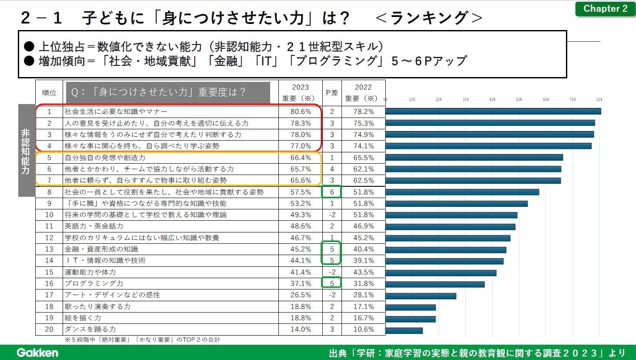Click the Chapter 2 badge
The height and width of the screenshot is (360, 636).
click(x=605, y=9)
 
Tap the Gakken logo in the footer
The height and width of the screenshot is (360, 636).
click(x=37, y=352)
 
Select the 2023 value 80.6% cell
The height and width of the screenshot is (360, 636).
click(x=301, y=111)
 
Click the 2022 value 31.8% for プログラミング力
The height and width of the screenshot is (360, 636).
click(x=363, y=283)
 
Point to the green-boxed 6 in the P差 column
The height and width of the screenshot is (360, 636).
click(x=331, y=192)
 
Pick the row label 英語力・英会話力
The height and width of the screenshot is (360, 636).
click(x=94, y=226)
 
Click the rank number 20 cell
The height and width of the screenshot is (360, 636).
click(x=49, y=329)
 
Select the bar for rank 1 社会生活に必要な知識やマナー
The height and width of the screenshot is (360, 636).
click(x=493, y=111)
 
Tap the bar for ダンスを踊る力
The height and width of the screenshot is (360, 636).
click(x=404, y=330)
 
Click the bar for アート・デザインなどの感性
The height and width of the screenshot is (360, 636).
click(x=421, y=296)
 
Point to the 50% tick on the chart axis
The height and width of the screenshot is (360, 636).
click(x=519, y=99)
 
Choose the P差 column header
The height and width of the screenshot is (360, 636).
click(x=331, y=92)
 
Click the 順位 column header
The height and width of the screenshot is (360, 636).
click(x=49, y=92)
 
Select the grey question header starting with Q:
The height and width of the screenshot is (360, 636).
click(x=168, y=92)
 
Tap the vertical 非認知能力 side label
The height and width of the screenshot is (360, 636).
click(x=26, y=151)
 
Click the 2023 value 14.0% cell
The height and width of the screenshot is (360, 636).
click(x=301, y=329)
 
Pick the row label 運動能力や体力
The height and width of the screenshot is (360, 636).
click(x=90, y=272)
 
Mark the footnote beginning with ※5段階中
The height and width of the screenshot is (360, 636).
click(x=142, y=340)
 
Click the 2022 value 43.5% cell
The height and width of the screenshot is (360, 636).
click(x=363, y=272)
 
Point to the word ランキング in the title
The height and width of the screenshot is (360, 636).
click(x=429, y=18)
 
